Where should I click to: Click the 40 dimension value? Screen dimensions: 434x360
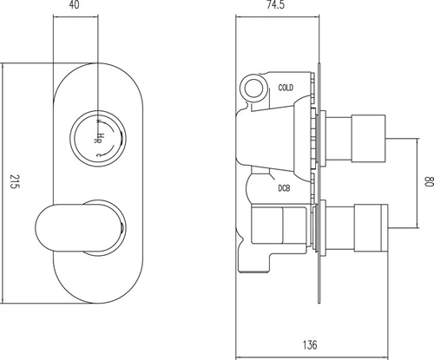tap(75, 5)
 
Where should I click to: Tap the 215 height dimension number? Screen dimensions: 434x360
tap(14, 181)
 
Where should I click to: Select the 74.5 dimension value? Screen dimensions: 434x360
tap(275, 5)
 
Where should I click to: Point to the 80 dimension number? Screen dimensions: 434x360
tap(429, 181)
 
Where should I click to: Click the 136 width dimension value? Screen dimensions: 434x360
tap(310, 345)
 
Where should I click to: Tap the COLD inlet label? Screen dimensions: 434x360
tap(286, 88)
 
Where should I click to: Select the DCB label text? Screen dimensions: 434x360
tap(284, 188)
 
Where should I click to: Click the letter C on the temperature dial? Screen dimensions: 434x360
tap(98, 155)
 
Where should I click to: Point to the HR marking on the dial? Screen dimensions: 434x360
tap(98, 138)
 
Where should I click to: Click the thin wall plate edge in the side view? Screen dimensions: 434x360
tap(319, 183)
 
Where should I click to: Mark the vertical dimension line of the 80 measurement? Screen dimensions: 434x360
tap(418, 183)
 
